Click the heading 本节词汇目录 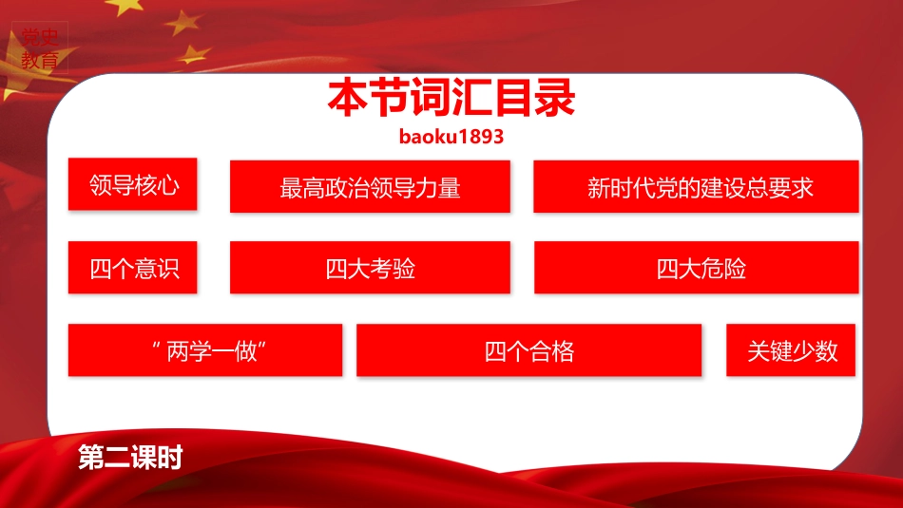pyautogui.click(x=451, y=98)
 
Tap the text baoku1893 pyautogui.click(x=451, y=137)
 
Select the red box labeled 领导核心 pyautogui.click(x=132, y=184)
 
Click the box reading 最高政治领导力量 pyautogui.click(x=371, y=187)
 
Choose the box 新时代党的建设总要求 pyautogui.click(x=696, y=187)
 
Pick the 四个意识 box pyautogui.click(x=132, y=268)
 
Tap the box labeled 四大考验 pyautogui.click(x=371, y=268)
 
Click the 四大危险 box pyautogui.click(x=696, y=268)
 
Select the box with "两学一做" pyautogui.click(x=205, y=350)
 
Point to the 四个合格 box pyautogui.click(x=529, y=350)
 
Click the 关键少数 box pyautogui.click(x=791, y=350)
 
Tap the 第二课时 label pyautogui.click(x=130, y=458)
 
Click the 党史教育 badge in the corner pyautogui.click(x=40, y=48)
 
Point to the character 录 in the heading pyautogui.click(x=555, y=98)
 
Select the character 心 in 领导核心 pyautogui.click(x=168, y=185)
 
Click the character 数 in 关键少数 pyautogui.click(x=826, y=351)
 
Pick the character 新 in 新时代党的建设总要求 pyautogui.click(x=599, y=188)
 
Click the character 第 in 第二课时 pyautogui.click(x=91, y=458)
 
